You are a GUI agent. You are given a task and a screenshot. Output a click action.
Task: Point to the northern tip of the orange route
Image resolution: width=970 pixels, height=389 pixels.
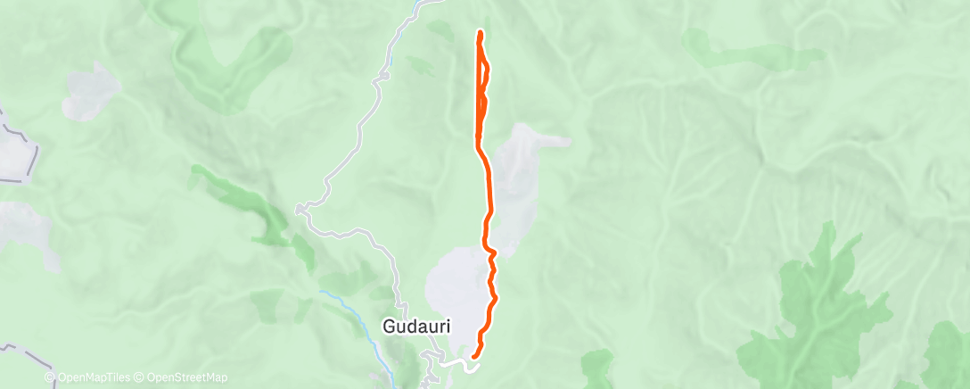pyautogui.click(x=481, y=33)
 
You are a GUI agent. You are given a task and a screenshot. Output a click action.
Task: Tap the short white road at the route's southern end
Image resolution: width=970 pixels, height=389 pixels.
pyautogui.click(x=460, y=364)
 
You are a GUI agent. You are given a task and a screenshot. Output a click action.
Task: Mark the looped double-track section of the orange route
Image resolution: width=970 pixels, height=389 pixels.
pyautogui.click(x=481, y=89)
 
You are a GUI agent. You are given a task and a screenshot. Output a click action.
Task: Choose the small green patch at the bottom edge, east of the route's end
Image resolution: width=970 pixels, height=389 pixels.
pyautogui.click(x=597, y=366)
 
